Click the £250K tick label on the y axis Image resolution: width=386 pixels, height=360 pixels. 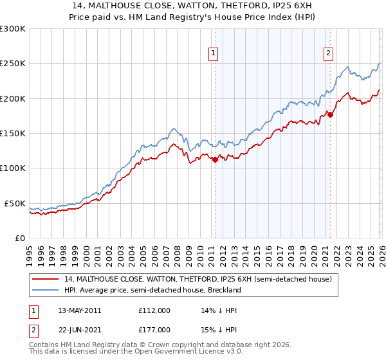click(13, 64)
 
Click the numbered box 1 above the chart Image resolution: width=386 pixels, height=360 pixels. click(214, 53)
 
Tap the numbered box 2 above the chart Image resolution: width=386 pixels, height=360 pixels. click(328, 53)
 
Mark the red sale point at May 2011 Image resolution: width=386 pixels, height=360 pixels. click(215, 160)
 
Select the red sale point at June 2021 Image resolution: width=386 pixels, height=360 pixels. click(330, 114)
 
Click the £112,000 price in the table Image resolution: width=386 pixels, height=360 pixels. click(154, 310)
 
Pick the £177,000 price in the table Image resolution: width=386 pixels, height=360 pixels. click(154, 329)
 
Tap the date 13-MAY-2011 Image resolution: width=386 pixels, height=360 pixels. click(80, 310)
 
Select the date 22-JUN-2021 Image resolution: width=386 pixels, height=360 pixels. click(80, 329)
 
